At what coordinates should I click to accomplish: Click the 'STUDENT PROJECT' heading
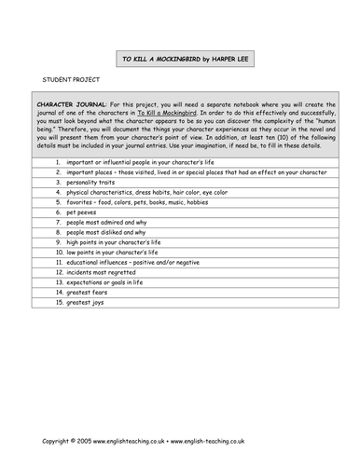pyautogui.click(x=64, y=81)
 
